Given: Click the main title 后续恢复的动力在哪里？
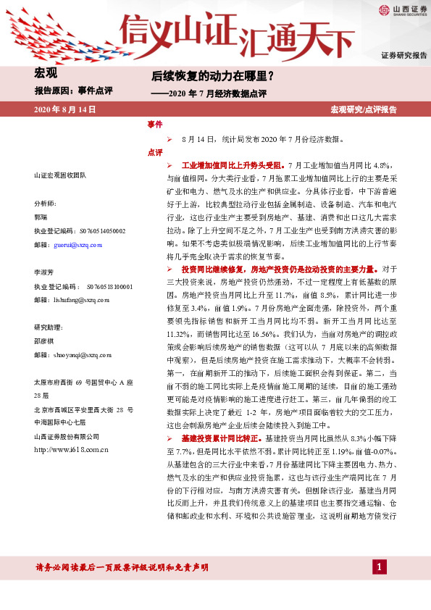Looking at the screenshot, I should pyautogui.click(x=212, y=75).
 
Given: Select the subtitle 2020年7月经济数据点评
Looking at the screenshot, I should pyautogui.click(x=218, y=93).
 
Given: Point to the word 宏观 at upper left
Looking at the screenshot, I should pyautogui.click(x=46, y=73).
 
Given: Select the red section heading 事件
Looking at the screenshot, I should pyautogui.click(x=154, y=125).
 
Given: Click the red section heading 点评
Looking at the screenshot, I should pyautogui.click(x=154, y=152).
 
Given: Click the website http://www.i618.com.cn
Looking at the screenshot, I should pyautogui.click(x=71, y=450).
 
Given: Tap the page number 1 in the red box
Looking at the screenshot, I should pyautogui.click(x=377, y=565).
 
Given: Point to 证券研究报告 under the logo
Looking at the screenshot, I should pyautogui.click(x=404, y=55).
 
